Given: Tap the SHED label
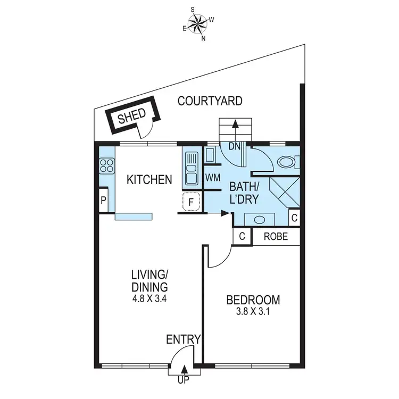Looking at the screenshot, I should click(127, 118).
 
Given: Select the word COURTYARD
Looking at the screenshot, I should click(210, 101).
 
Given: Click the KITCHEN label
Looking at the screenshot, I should click(149, 180).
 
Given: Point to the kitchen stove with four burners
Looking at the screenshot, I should click(107, 165).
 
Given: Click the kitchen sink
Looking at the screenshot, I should click(192, 168).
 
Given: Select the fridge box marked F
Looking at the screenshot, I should click(192, 202).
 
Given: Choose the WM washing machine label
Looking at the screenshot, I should click(213, 177).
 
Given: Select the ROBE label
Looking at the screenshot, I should click(276, 236).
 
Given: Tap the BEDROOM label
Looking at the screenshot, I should click(253, 301).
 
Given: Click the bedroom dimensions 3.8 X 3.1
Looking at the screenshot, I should click(253, 313).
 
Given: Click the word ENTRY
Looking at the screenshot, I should click(183, 339).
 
